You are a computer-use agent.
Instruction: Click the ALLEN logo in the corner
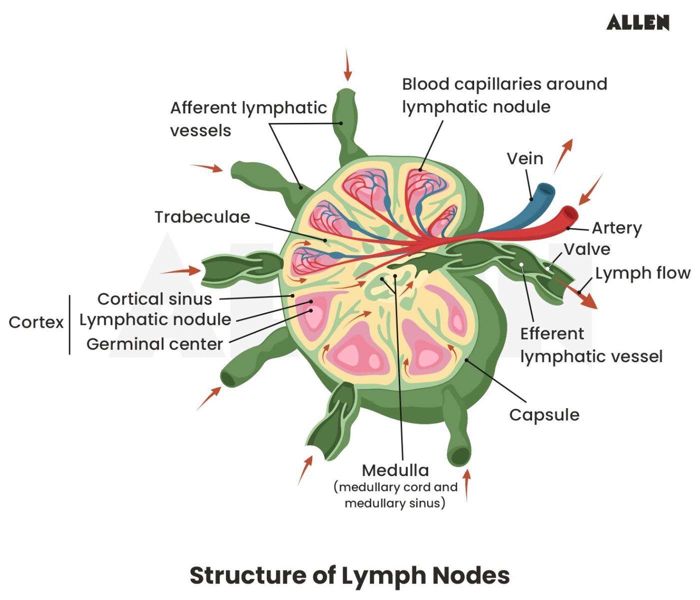pos(638,22)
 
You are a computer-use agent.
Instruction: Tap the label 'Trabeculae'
pos(202,217)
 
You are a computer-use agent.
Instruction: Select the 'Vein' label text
pos(525,158)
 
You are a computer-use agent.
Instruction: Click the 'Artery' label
pos(617,228)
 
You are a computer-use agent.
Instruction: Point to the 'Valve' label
pos(587,249)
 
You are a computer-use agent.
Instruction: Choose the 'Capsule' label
pos(544,415)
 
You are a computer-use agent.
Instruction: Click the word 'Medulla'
pos(395,470)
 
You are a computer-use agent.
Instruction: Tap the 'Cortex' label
pos(36,322)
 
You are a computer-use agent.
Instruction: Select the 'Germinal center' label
pos(154,344)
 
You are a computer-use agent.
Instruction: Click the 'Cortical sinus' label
pos(154,299)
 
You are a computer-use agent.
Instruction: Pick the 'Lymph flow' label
pos(643,273)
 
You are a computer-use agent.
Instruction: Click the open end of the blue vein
pos(546,189)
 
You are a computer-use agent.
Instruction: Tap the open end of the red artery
pos(570,213)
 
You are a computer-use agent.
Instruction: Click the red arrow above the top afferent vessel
pos(347,65)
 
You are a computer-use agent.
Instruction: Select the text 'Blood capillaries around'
pos(504,84)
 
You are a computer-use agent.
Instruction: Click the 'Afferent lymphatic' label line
pos(248,108)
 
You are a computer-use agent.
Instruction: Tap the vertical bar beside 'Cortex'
pos(69,325)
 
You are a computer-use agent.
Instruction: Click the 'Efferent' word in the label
pos(552,333)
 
